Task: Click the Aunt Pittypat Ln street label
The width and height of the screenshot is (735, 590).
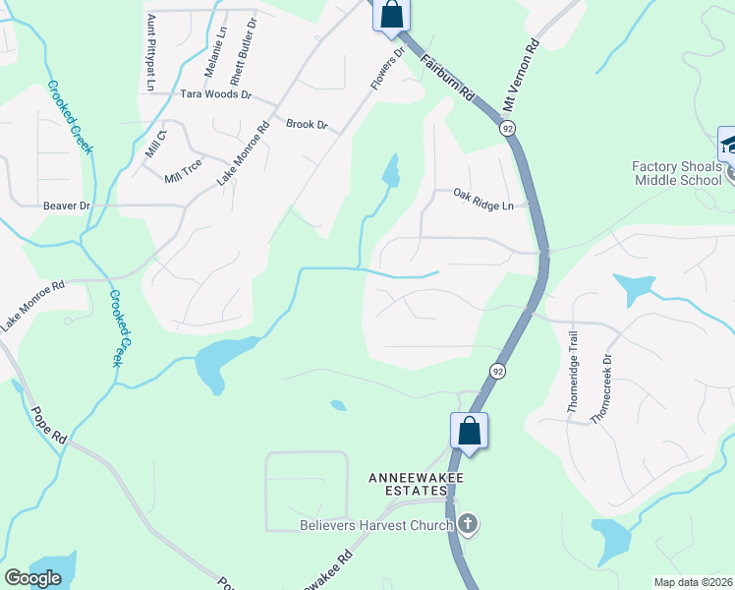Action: (150, 52)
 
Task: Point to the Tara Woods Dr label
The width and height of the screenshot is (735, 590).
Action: (216, 96)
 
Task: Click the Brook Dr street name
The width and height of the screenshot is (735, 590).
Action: (306, 125)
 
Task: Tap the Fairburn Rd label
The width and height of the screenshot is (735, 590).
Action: (449, 80)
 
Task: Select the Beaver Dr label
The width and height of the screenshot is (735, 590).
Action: (67, 206)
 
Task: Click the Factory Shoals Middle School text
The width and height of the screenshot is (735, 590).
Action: (676, 173)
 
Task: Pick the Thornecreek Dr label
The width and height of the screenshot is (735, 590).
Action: (599, 388)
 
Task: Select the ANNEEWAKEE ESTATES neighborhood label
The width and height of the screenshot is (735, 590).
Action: (416, 486)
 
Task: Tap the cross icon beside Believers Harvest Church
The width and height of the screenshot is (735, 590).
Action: (468, 524)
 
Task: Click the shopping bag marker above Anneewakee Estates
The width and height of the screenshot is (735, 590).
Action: (469, 431)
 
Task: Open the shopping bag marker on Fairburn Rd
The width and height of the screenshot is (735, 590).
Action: (391, 15)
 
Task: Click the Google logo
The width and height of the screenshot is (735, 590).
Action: (32, 578)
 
